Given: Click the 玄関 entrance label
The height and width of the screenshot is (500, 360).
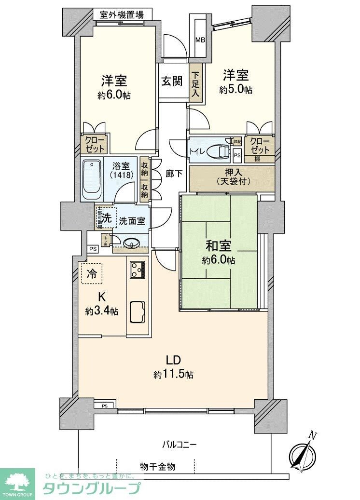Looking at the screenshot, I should (171, 81).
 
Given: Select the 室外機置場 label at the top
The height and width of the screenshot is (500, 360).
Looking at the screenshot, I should (122, 14).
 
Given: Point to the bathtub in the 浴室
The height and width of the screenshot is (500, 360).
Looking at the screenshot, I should (91, 179).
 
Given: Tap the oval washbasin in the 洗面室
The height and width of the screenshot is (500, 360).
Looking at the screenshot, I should (132, 244).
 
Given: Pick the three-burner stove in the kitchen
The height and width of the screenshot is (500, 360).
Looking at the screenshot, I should (137, 270).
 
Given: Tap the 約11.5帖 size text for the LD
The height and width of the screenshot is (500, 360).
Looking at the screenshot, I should (174, 375).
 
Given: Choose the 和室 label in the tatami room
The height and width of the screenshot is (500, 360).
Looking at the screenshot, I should (219, 246).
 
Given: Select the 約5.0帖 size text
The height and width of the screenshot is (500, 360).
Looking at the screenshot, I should (235, 90).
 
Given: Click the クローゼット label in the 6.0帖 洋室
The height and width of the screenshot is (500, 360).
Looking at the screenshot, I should (94, 144).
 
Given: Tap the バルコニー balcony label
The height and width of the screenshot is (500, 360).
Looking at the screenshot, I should (179, 445).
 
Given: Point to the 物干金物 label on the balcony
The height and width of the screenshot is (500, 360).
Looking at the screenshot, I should (158, 467).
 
